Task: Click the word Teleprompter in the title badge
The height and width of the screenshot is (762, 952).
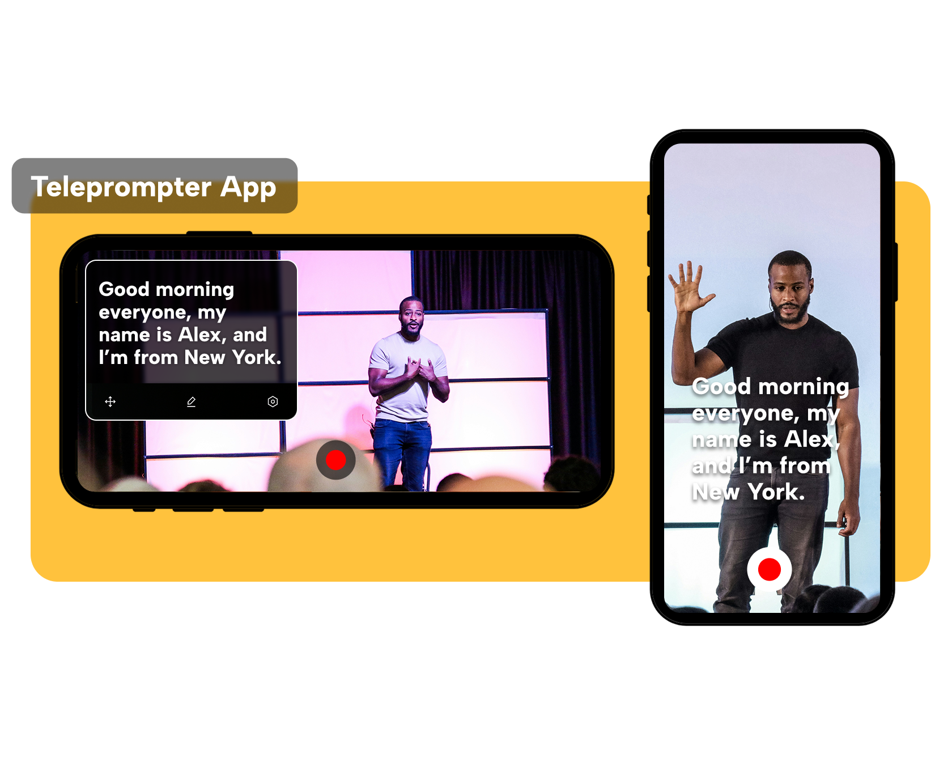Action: pos(121,188)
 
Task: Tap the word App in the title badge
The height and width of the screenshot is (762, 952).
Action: pos(248,188)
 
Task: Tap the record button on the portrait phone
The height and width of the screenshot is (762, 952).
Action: pos(769,569)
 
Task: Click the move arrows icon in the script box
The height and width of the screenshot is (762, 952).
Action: pos(110,401)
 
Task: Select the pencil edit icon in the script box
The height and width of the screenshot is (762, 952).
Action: pos(192,401)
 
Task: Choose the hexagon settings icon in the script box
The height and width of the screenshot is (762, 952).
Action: pos(273,401)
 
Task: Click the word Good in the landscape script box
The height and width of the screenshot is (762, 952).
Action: pos(124,289)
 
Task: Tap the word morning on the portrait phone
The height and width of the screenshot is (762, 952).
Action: pos(804,387)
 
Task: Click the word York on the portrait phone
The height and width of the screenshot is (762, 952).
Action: pos(776,492)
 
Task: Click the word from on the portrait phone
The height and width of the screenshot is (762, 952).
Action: pos(805,465)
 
